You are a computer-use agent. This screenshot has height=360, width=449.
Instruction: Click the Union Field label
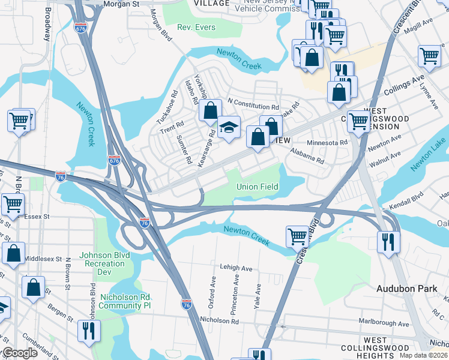click(257, 187)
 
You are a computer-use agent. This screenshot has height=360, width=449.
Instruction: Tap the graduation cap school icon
click(229, 128)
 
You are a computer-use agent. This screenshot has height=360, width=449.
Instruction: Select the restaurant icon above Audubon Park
click(388, 242)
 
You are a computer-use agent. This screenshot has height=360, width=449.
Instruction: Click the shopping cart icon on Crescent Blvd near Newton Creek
click(297, 236)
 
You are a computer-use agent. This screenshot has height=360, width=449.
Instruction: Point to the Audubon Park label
click(406, 289)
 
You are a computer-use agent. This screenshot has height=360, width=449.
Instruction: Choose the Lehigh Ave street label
click(237, 268)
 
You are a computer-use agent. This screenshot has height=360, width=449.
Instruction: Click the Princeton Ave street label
click(235, 295)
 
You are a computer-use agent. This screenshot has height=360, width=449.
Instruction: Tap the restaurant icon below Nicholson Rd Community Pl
click(88, 331)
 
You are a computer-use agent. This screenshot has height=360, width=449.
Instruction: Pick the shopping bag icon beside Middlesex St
click(13, 254)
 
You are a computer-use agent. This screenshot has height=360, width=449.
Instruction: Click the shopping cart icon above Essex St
click(13, 204)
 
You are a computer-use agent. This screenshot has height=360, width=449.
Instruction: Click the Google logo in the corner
click(20, 353)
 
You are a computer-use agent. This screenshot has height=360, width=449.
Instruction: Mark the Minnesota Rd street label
click(327, 143)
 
